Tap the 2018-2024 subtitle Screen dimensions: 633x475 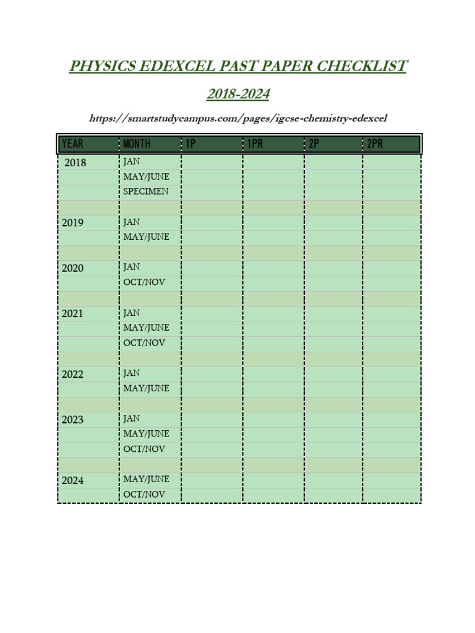[x=238, y=95]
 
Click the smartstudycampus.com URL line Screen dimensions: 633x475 [x=238, y=118]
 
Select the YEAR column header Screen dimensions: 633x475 [x=73, y=144]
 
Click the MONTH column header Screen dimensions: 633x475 [x=137, y=144]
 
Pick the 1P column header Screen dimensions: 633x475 [x=190, y=144]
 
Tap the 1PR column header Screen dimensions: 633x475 [x=255, y=144]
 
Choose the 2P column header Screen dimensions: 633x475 [x=314, y=144]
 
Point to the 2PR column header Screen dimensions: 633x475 [x=375, y=144]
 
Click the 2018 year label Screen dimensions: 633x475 [x=75, y=163]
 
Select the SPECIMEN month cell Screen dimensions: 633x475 [x=145, y=192]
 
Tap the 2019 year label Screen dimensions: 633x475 [x=72, y=223]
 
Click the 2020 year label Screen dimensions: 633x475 [x=72, y=268]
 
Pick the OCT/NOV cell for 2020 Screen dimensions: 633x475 [x=144, y=283]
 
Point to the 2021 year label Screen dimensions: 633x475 [x=72, y=313]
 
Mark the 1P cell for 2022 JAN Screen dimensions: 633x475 [x=212, y=373]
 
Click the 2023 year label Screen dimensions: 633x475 [x=72, y=420]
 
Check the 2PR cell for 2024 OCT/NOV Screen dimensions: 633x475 [x=391, y=495]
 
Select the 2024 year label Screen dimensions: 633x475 [x=72, y=480]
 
